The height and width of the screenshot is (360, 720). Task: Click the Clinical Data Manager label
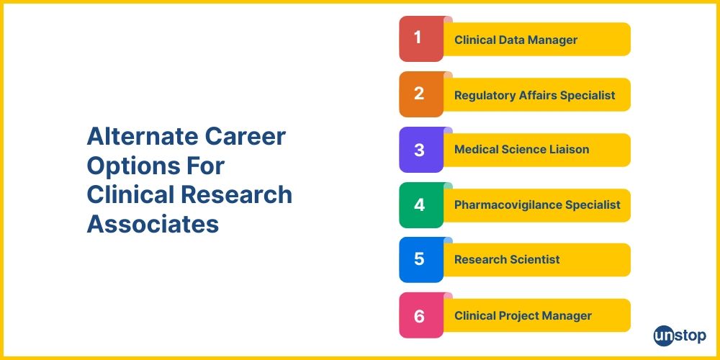click(x=516, y=40)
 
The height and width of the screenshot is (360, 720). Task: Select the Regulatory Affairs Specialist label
click(x=534, y=95)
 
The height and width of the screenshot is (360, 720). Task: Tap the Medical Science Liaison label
click(x=521, y=150)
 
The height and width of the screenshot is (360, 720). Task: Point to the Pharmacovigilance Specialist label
click(x=536, y=205)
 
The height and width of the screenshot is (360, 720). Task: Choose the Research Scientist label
click(x=507, y=260)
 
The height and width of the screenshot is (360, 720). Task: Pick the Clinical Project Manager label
click(x=523, y=315)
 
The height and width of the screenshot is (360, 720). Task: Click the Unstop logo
click(x=680, y=336)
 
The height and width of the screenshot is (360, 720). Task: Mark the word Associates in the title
click(x=153, y=224)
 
